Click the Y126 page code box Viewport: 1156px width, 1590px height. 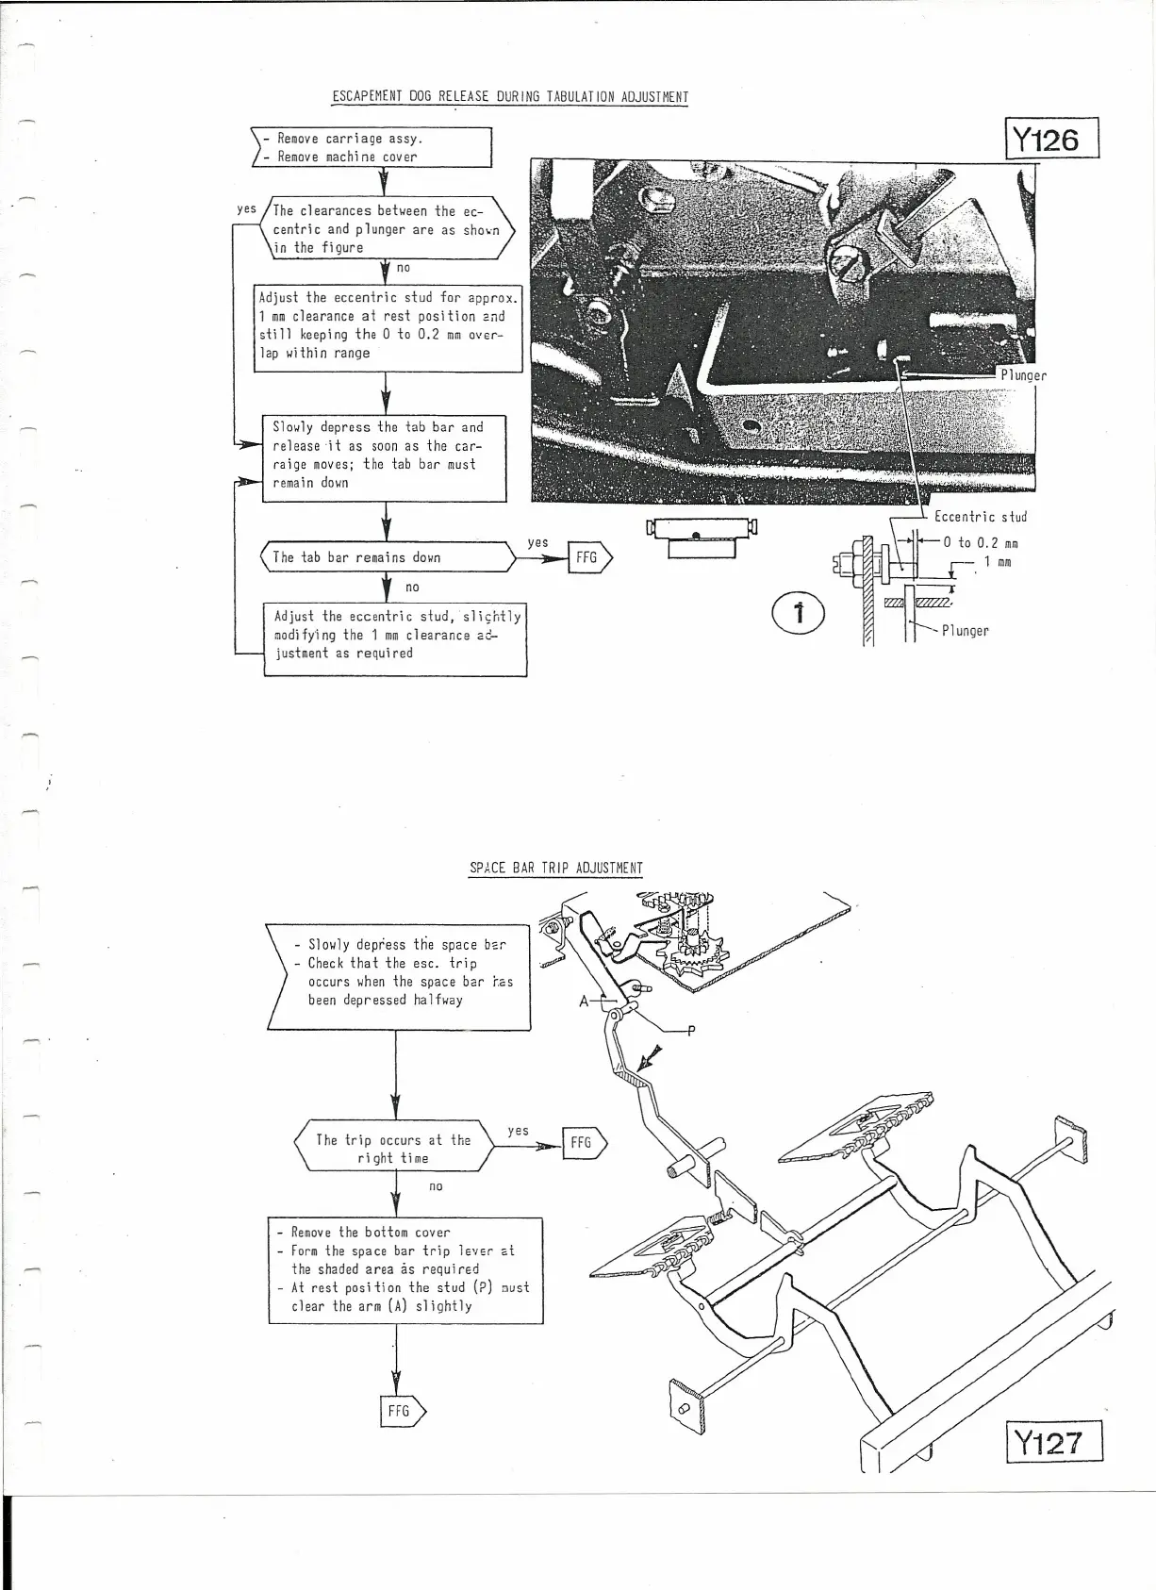1052,140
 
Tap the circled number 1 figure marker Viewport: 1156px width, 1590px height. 799,613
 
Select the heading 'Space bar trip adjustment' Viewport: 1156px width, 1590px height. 555,868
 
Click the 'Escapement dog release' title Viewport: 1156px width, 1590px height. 509,97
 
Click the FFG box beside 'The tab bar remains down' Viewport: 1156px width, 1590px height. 589,558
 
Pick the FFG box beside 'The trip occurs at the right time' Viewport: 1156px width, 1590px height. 584,1143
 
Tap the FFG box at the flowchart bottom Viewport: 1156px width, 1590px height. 402,1412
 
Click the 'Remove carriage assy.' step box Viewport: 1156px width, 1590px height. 373,148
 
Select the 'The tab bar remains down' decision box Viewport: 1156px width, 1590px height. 387,557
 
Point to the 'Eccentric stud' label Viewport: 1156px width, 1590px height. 980,517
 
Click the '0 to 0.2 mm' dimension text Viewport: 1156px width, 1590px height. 980,543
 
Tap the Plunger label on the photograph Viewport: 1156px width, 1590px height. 1023,375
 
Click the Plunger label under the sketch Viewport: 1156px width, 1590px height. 965,631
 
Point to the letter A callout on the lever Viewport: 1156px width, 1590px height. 585,1001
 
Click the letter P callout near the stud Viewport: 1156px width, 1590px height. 690,1031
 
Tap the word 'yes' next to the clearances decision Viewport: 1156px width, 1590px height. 246,208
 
